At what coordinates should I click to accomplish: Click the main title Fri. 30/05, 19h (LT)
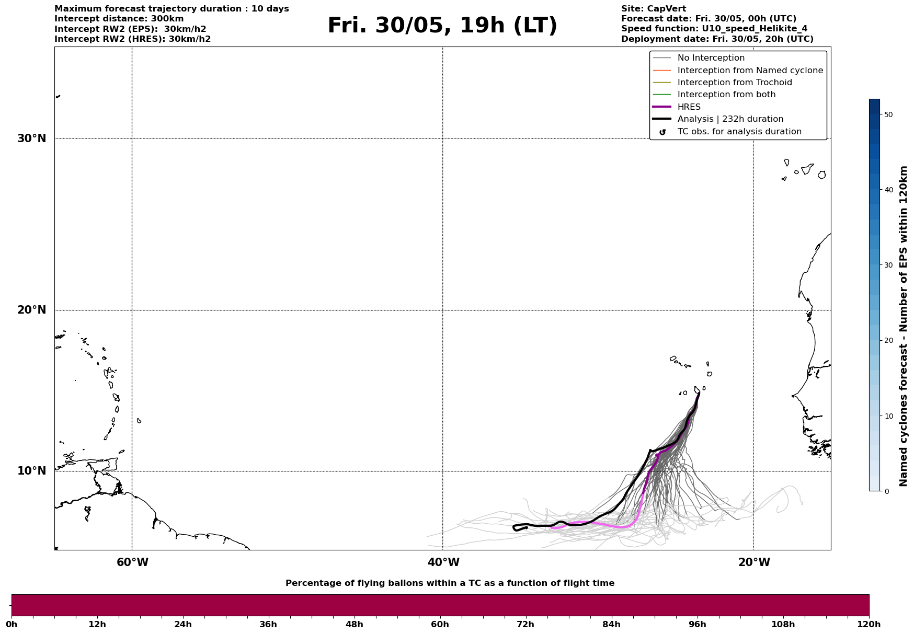(442, 26)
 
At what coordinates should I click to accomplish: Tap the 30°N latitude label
(32, 139)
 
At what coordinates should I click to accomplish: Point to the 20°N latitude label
(32, 310)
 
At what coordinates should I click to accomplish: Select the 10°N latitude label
(32, 471)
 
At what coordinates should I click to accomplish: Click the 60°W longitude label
(132, 562)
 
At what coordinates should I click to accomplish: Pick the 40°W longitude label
(443, 562)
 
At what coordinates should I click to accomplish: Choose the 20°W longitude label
(754, 562)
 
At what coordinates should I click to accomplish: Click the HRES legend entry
(689, 107)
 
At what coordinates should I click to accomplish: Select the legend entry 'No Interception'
(711, 58)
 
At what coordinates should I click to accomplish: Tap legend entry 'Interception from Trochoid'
(734, 83)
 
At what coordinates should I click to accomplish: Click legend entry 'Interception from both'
(726, 95)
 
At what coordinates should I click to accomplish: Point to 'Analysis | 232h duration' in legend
(730, 119)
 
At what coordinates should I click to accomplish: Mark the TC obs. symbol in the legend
(662, 132)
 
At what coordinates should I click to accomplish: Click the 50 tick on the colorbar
(888, 114)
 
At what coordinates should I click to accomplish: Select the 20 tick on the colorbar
(888, 341)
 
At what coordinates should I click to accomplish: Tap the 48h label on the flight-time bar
(354, 625)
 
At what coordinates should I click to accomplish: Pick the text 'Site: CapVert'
(653, 9)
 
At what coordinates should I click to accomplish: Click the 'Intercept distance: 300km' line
(119, 19)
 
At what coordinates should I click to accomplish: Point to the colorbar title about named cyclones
(903, 326)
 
